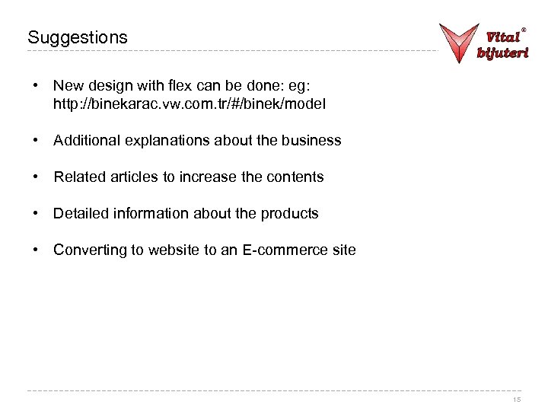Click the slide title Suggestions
(x=78, y=37)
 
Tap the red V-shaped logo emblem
(x=459, y=41)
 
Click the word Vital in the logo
(x=502, y=36)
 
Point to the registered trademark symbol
(x=524, y=30)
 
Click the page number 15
(x=517, y=400)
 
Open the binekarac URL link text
(x=190, y=104)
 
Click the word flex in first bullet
(x=170, y=86)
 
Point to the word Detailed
(x=81, y=213)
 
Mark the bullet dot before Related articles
(x=37, y=177)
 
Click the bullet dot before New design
(x=37, y=86)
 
